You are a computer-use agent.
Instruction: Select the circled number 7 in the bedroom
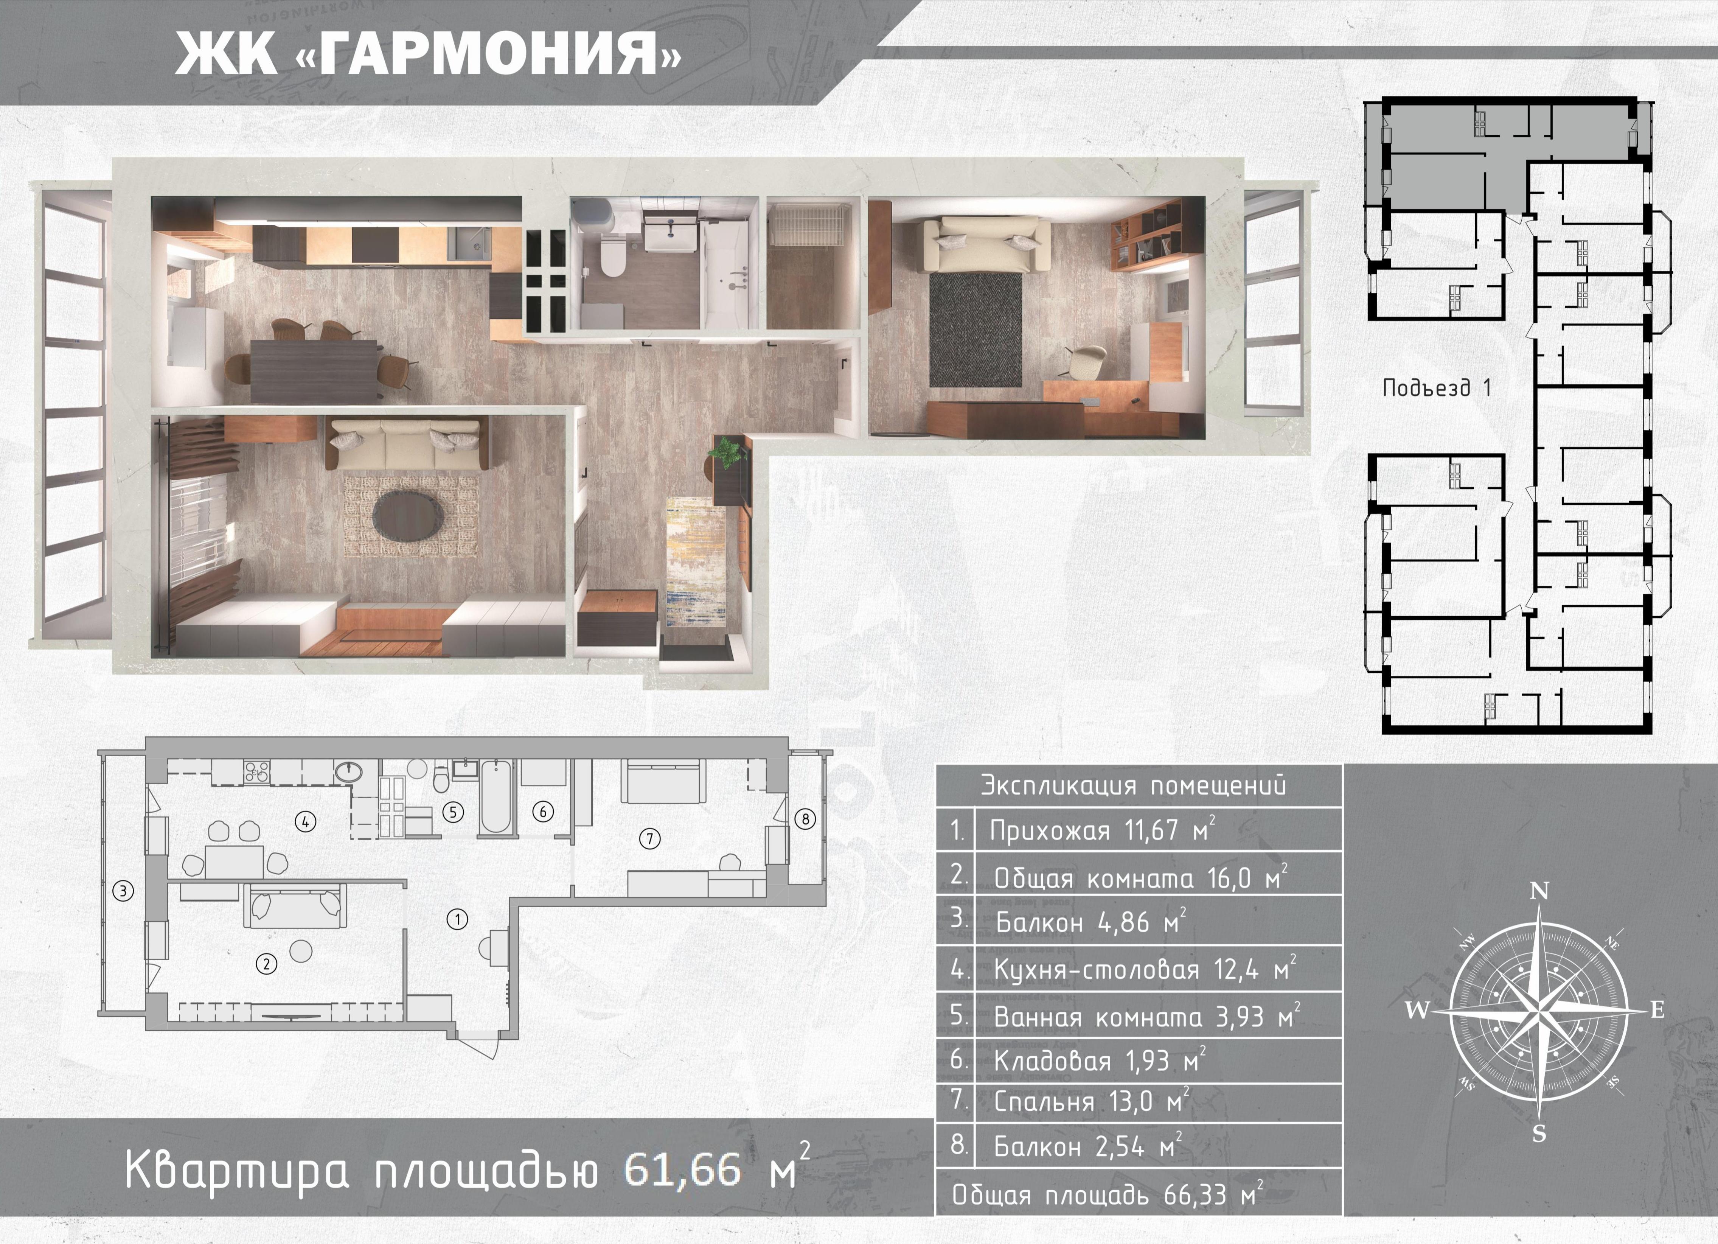[x=650, y=838]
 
